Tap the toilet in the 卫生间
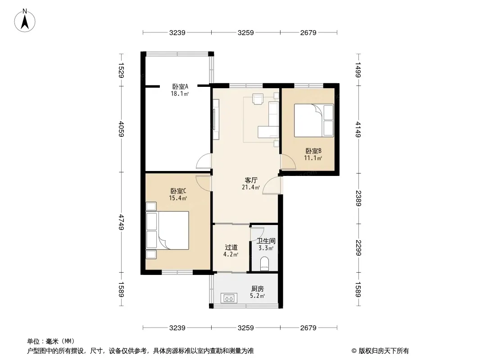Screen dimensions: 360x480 click(265, 264)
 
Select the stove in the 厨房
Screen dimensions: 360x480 click(229, 297)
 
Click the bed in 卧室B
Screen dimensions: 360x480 click(314, 120)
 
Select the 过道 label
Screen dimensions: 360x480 click(231, 247)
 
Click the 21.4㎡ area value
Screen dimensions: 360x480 click(251, 187)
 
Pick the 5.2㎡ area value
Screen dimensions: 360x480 click(257, 296)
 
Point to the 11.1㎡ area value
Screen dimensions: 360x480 click(313, 158)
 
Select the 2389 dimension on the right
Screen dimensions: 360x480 click(358, 198)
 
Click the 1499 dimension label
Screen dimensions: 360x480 click(358, 69)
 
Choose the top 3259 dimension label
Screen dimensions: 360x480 click(245, 32)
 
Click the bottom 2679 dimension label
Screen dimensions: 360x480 click(308, 328)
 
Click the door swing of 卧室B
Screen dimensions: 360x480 click(285, 161)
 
